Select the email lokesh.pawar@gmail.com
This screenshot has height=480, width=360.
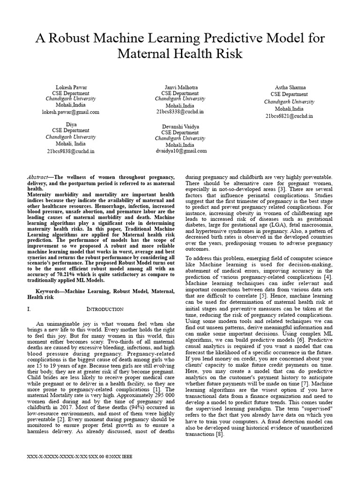(x=71, y=112)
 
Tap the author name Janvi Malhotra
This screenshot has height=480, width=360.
(x=180, y=88)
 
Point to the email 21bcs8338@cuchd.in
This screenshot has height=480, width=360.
(x=180, y=112)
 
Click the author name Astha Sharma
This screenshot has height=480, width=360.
(x=289, y=88)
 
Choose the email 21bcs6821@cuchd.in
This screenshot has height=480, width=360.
(x=289, y=116)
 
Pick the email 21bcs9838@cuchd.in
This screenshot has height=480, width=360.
(x=71, y=151)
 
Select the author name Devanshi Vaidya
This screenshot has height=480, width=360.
(x=180, y=127)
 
